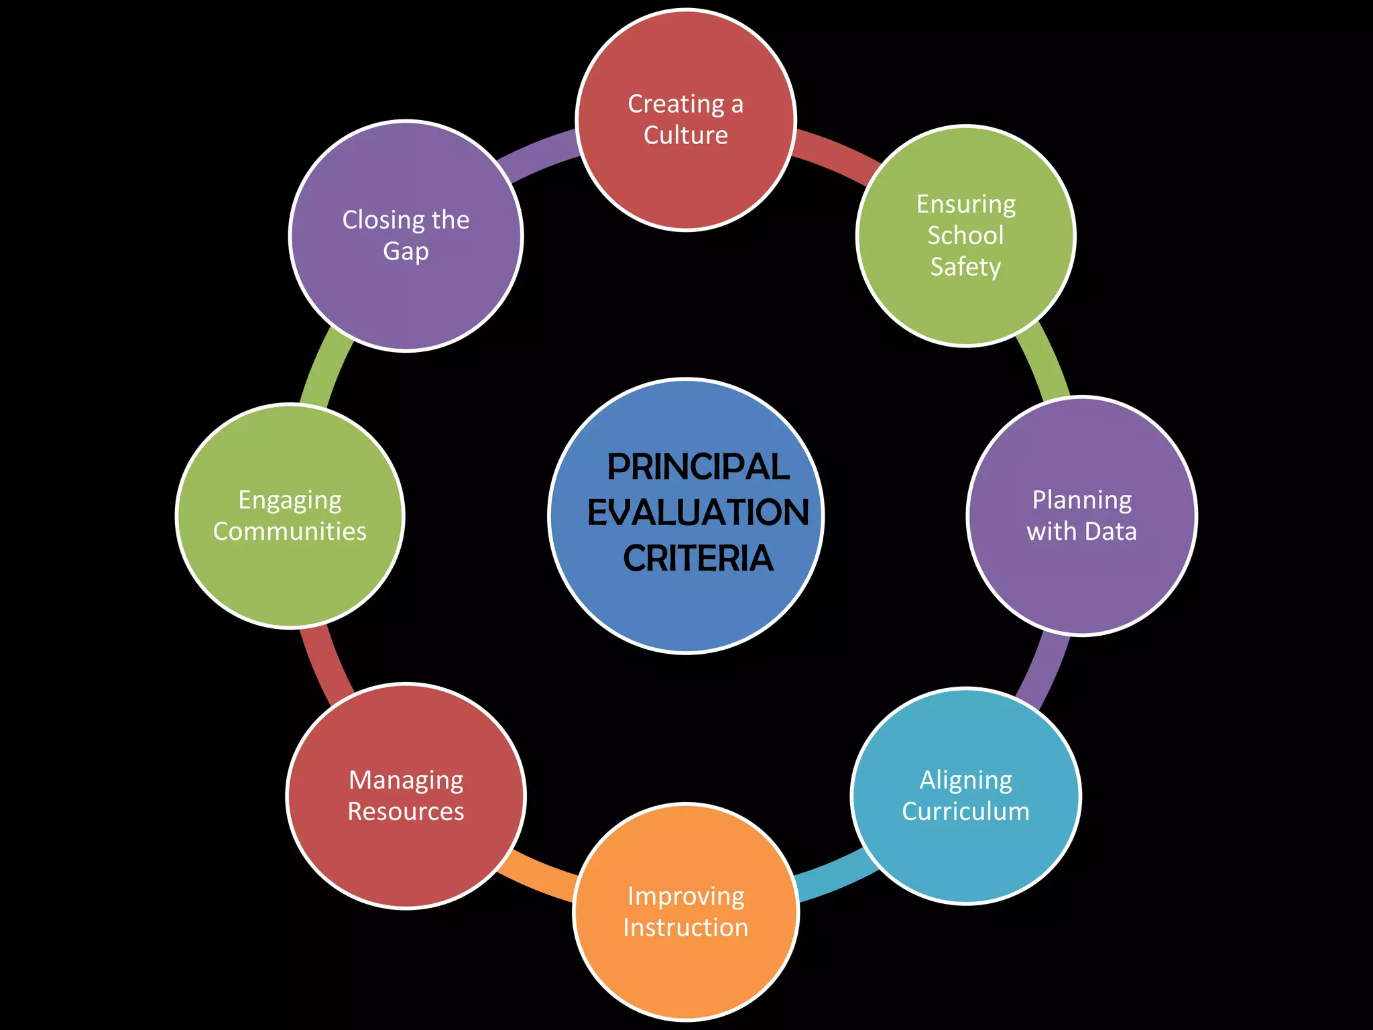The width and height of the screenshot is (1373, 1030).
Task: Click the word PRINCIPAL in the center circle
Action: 698,467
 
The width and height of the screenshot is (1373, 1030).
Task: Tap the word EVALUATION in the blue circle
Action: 698,513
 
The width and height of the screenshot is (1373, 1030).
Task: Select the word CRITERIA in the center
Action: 698,558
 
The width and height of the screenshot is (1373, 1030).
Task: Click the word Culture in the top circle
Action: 685,135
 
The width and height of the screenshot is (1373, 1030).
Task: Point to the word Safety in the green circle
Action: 965,267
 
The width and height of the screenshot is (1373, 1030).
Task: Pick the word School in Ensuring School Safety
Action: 965,235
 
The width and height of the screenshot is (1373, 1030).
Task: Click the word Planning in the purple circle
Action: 1081,500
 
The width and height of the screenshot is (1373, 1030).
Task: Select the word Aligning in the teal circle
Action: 965,781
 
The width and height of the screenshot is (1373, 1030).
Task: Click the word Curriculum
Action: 965,811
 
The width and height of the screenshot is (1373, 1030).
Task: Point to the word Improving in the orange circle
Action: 685,897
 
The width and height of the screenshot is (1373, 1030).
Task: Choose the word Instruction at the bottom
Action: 685,927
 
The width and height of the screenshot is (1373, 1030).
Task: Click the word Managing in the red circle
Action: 406,781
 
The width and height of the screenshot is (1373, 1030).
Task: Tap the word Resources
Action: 406,811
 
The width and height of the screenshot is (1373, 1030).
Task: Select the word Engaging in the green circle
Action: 290,500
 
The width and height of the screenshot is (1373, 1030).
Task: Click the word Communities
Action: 290,532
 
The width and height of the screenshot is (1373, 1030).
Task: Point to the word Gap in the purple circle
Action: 406,251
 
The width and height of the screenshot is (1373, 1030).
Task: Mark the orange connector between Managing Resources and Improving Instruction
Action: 540,874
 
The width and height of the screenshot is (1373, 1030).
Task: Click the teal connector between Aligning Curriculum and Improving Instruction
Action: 831,876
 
